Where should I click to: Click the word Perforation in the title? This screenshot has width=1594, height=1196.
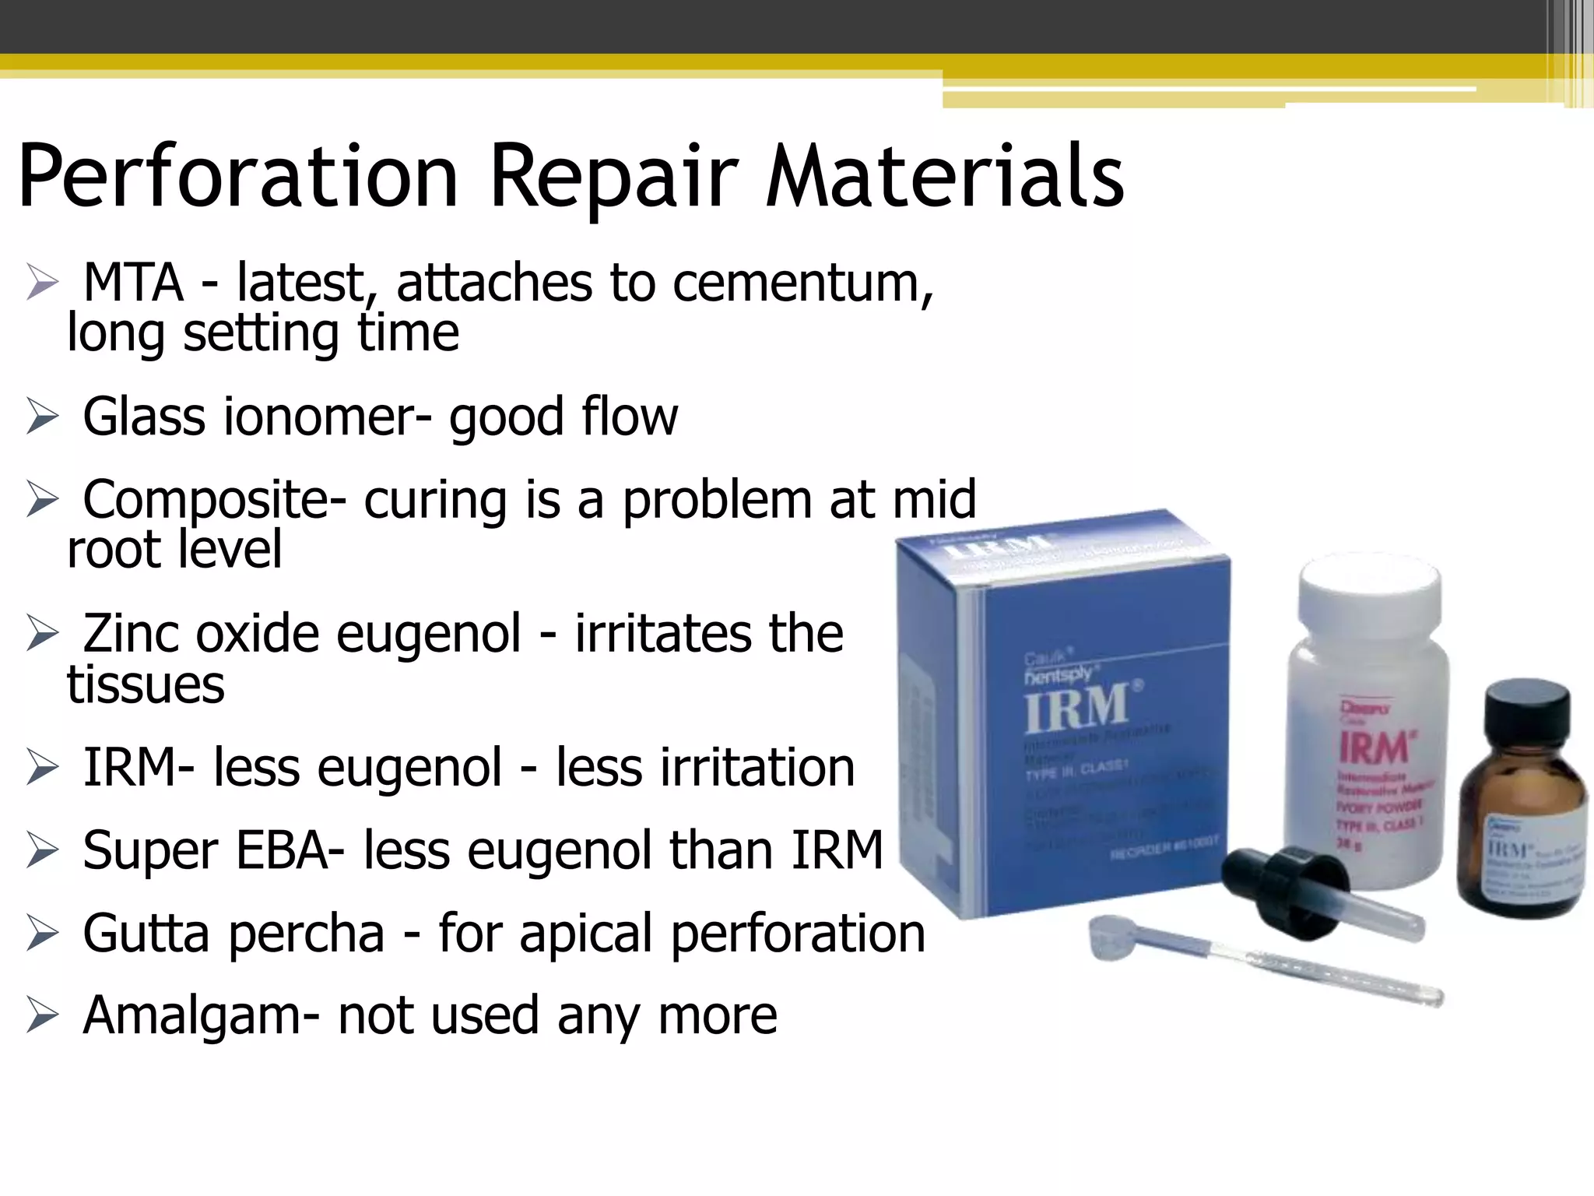[237, 178]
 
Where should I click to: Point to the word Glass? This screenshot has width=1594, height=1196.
[144, 417]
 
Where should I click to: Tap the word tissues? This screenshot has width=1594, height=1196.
[146, 685]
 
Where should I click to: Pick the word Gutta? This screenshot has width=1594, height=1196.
[146, 933]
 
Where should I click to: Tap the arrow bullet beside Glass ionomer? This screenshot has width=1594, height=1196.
[42, 417]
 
